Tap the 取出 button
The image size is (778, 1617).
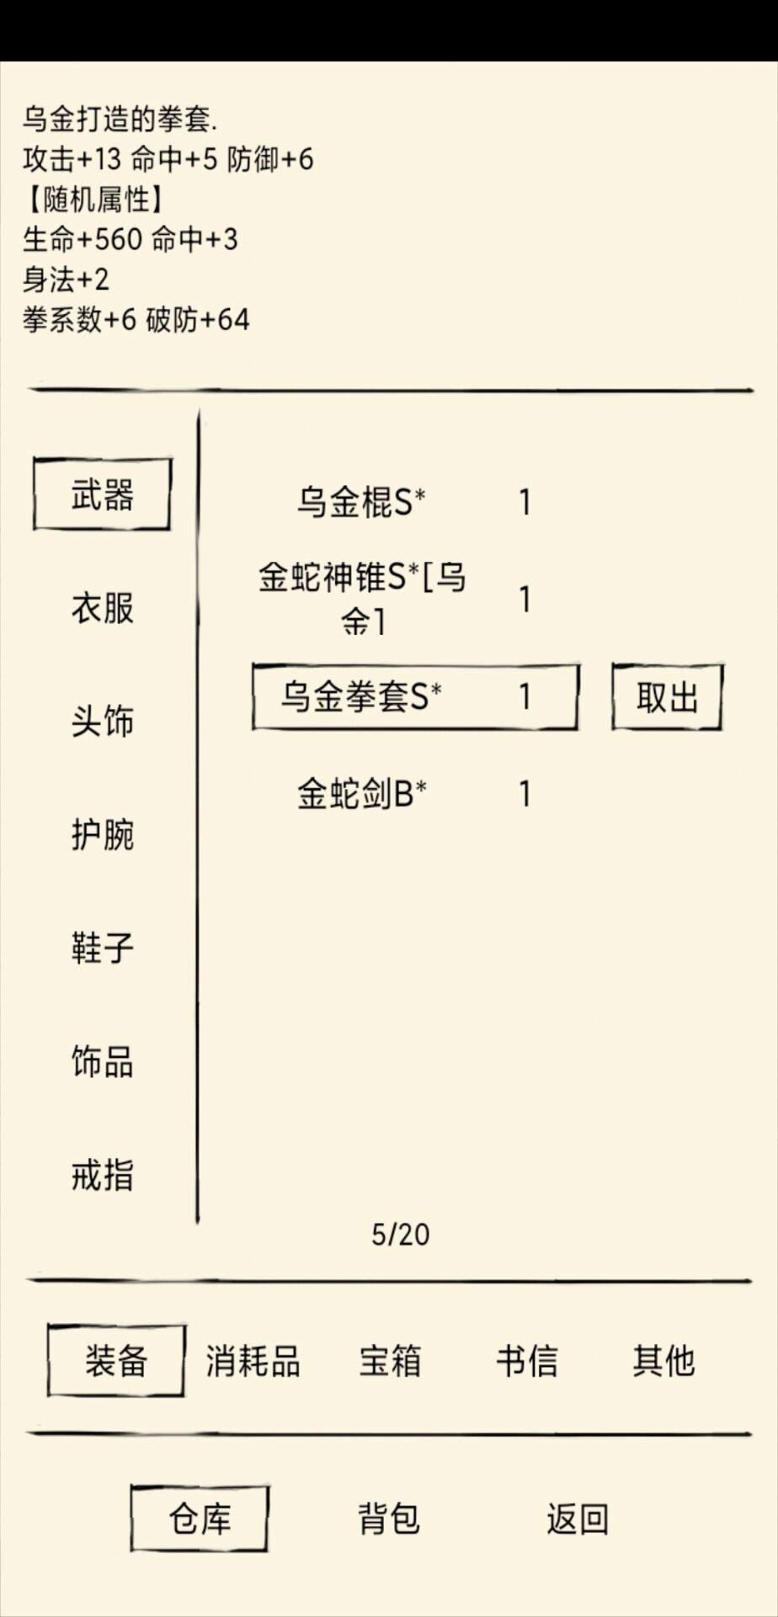point(667,697)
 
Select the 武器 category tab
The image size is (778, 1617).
point(102,494)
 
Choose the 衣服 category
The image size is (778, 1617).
point(102,607)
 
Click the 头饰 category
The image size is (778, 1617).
point(102,721)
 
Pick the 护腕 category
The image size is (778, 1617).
point(102,834)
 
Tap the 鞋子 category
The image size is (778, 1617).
point(102,947)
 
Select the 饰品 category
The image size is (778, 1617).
point(102,1061)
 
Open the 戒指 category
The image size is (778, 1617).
point(102,1175)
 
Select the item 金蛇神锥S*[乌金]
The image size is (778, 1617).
point(362,598)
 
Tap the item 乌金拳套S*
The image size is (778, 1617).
point(362,696)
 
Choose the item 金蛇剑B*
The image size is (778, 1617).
point(362,793)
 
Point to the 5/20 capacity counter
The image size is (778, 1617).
point(401,1234)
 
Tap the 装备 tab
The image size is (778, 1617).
point(116,1360)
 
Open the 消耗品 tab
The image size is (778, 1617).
point(253,1360)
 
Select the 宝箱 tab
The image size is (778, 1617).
point(390,1360)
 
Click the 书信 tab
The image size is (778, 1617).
point(526,1360)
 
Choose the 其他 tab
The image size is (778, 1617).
point(663,1360)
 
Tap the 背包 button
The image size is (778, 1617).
point(388,1518)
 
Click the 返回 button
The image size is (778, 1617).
point(577,1518)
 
